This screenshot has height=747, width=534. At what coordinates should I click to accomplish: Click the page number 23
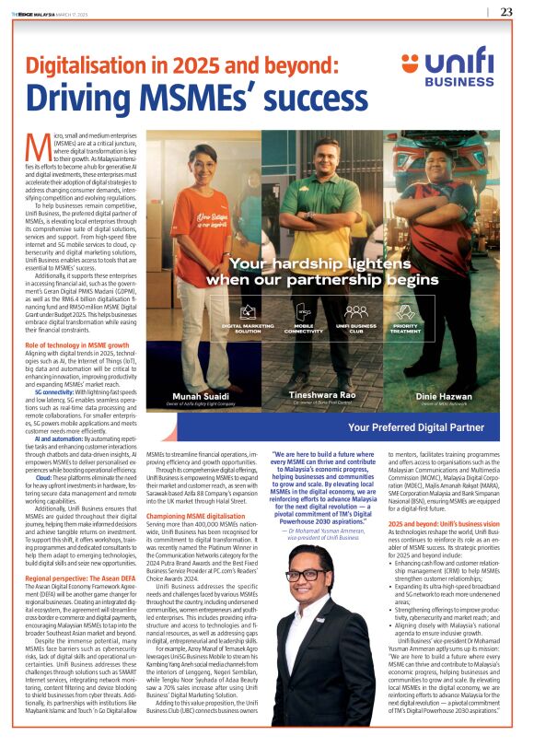click(506, 12)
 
